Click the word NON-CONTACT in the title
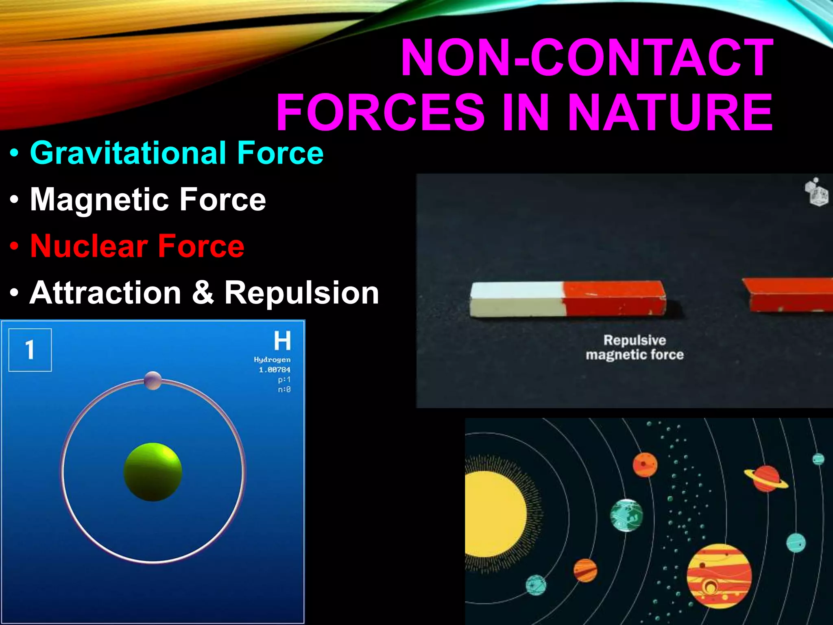click(x=587, y=58)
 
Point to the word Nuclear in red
click(x=89, y=246)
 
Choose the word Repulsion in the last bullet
click(x=301, y=293)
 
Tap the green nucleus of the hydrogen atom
click(x=153, y=472)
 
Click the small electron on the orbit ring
click(x=153, y=380)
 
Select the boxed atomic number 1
click(x=30, y=350)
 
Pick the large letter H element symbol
click(x=282, y=341)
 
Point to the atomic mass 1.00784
click(x=275, y=369)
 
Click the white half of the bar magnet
click(x=517, y=300)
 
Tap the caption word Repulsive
click(x=635, y=340)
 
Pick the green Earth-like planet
click(x=626, y=515)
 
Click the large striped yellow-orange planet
click(x=719, y=576)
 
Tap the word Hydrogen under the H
click(x=272, y=360)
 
